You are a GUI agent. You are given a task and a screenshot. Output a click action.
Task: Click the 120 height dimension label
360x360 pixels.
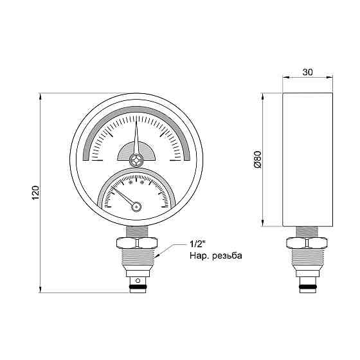[x=36, y=192]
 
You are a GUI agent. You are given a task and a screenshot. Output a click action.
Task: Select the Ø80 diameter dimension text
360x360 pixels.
[x=258, y=160]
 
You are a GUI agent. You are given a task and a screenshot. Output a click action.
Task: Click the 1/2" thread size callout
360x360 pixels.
[x=198, y=245]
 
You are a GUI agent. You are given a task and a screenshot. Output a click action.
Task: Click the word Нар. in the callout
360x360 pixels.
[x=198, y=256]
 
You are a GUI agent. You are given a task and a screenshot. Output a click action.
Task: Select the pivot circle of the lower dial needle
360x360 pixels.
[x=136, y=206]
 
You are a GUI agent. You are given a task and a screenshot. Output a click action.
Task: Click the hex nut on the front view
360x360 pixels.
[x=136, y=244]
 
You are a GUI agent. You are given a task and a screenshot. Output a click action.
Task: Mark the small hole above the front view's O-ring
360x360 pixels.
[x=136, y=280]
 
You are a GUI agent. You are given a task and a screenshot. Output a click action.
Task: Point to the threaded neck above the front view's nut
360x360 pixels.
[x=136, y=231]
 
